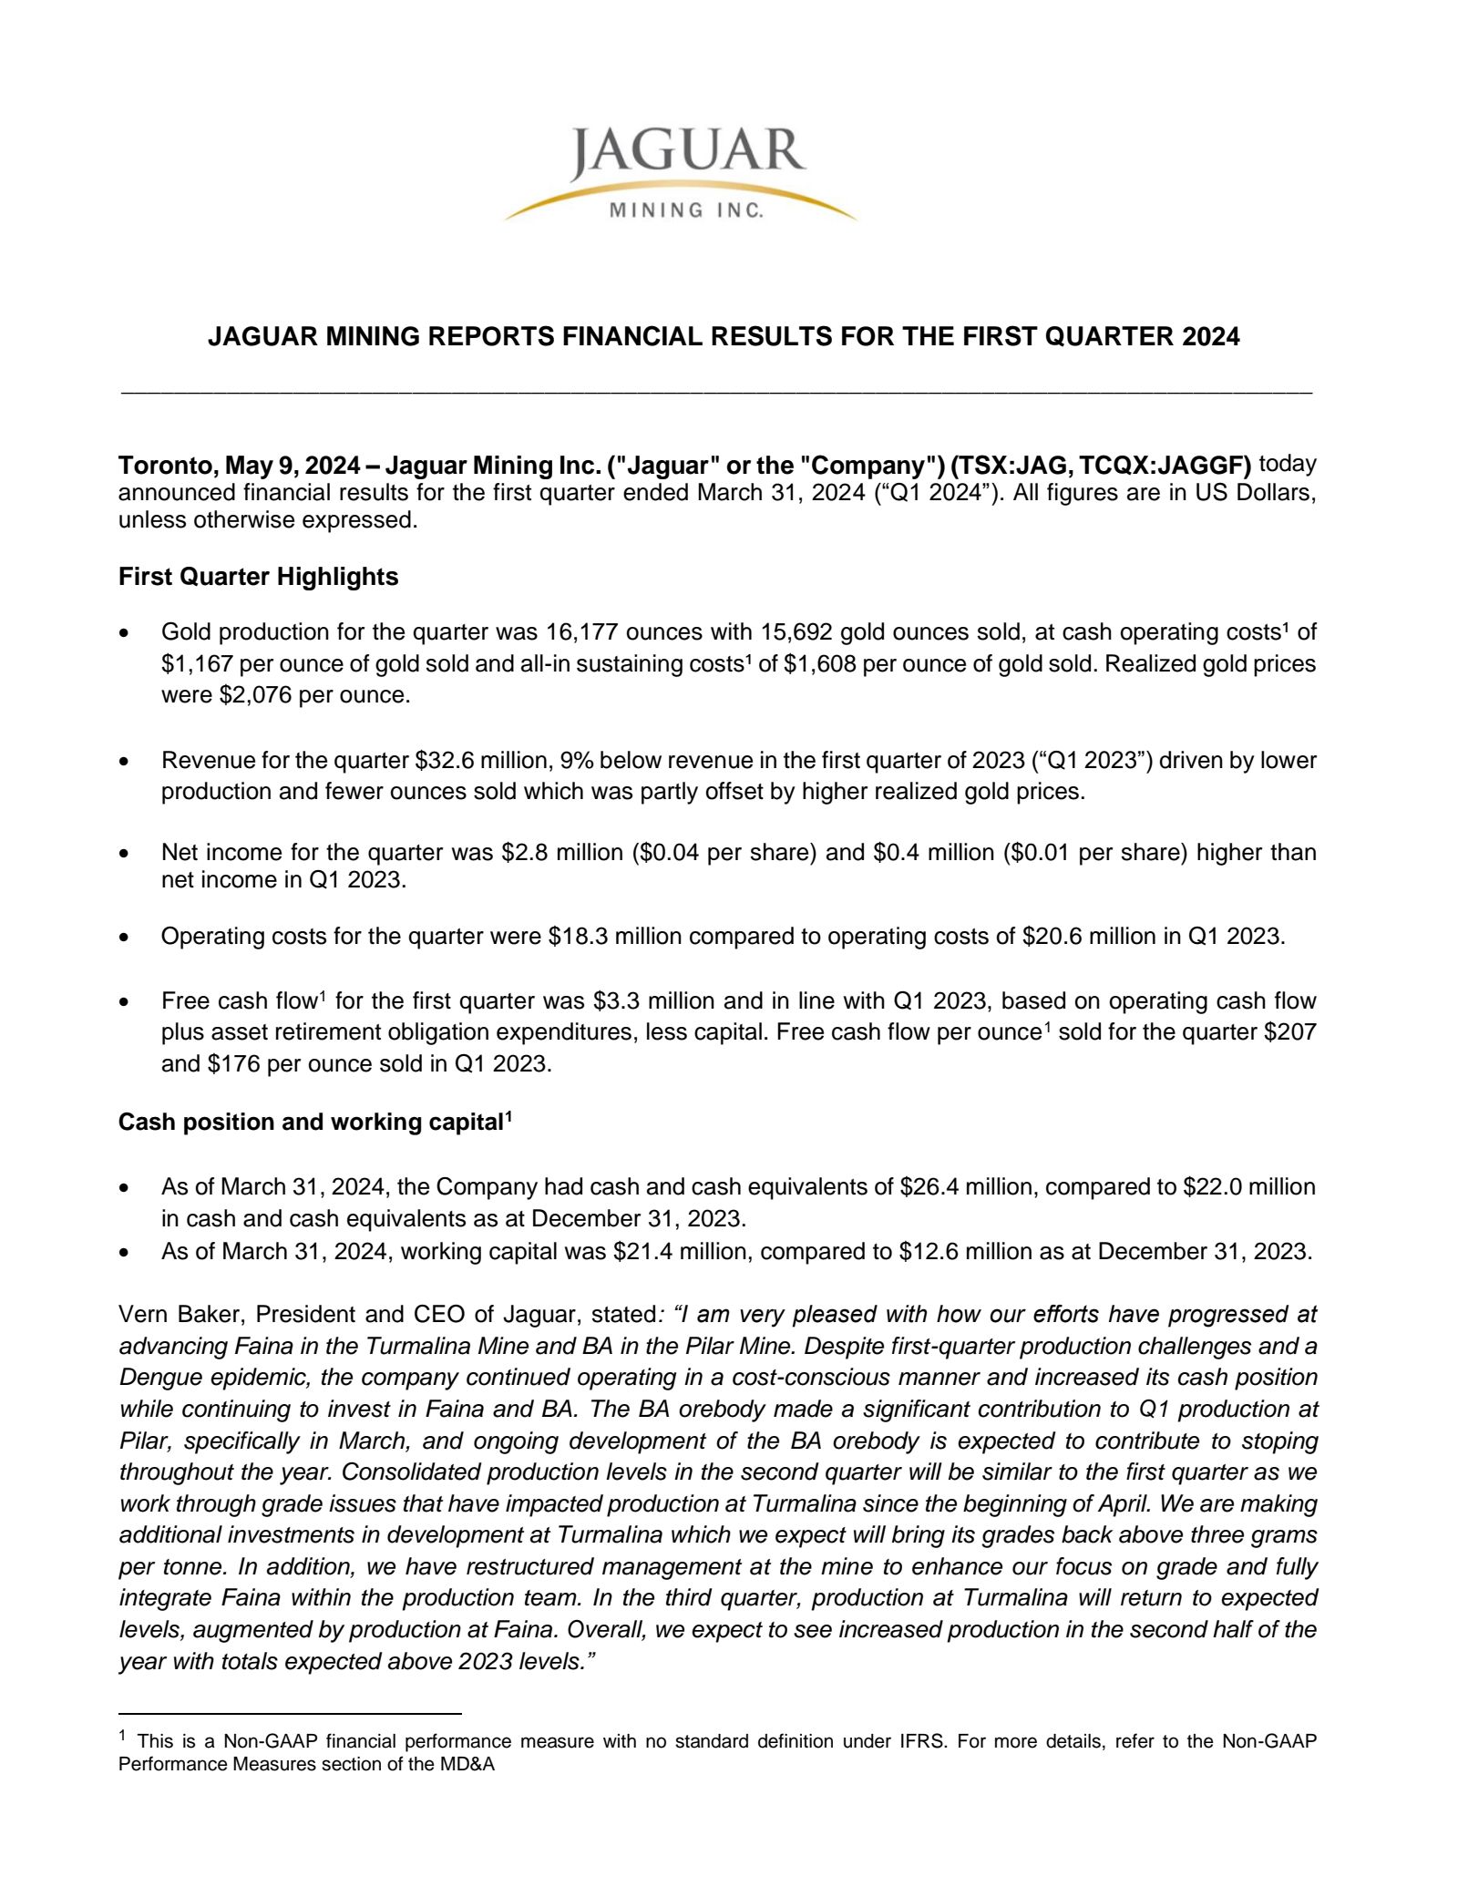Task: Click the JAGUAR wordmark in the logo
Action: (x=688, y=153)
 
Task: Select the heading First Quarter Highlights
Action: (x=258, y=577)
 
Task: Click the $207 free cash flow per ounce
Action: (x=1295, y=1032)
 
